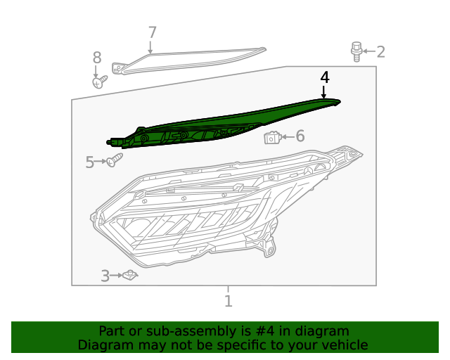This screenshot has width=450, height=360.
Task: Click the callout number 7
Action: tap(152, 32)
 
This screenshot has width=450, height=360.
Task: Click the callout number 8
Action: tap(97, 58)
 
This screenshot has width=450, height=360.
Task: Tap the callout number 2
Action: tap(380, 51)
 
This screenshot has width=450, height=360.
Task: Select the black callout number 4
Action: tap(324, 77)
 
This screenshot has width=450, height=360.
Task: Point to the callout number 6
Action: tap(300, 136)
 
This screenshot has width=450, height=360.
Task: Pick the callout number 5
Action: tap(90, 163)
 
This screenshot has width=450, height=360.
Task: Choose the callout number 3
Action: tap(105, 276)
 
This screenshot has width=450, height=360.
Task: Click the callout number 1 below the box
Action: tap(228, 301)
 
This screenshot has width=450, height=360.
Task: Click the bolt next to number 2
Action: tap(357, 51)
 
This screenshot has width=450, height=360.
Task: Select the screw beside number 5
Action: tap(114, 160)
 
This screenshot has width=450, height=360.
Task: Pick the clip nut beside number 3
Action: tap(129, 276)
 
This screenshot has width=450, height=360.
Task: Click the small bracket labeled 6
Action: tap(273, 136)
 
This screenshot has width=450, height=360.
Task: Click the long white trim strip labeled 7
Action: tap(190, 62)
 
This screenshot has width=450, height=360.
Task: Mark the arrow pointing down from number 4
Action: tap(324, 91)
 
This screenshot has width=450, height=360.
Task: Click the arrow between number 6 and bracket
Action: tap(288, 136)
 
